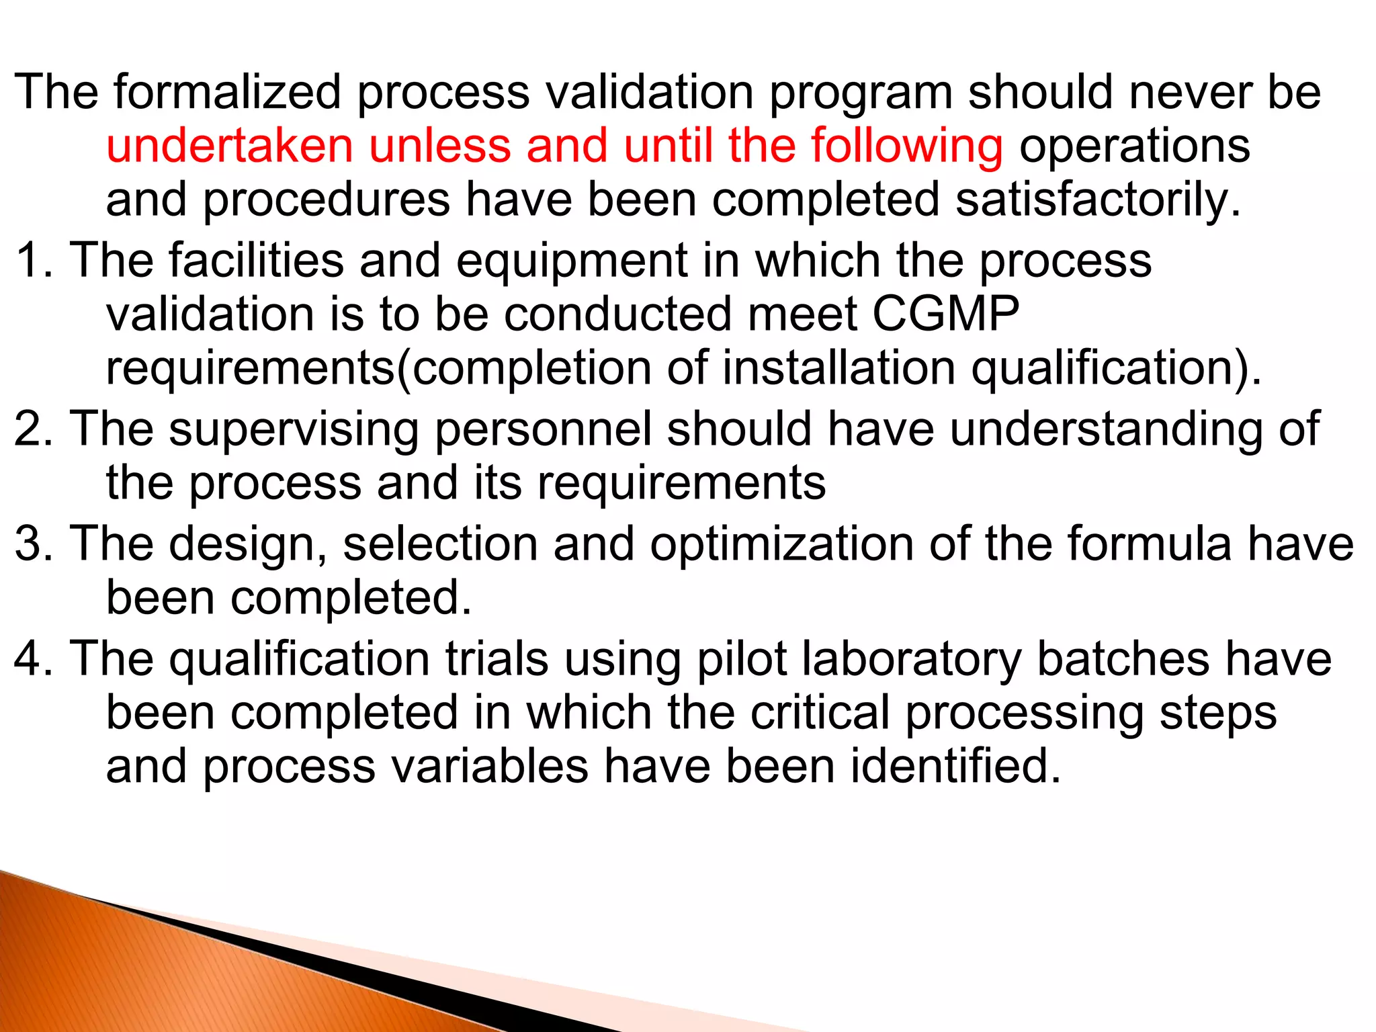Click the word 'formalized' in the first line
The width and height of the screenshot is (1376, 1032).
(x=227, y=92)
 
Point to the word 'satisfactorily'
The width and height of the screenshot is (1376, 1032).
(x=1096, y=201)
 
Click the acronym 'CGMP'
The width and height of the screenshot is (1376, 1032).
(x=945, y=314)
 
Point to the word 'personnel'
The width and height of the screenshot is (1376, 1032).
(x=543, y=429)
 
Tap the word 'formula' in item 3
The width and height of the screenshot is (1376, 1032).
(x=1149, y=543)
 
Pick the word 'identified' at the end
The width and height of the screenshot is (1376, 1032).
(x=947, y=766)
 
